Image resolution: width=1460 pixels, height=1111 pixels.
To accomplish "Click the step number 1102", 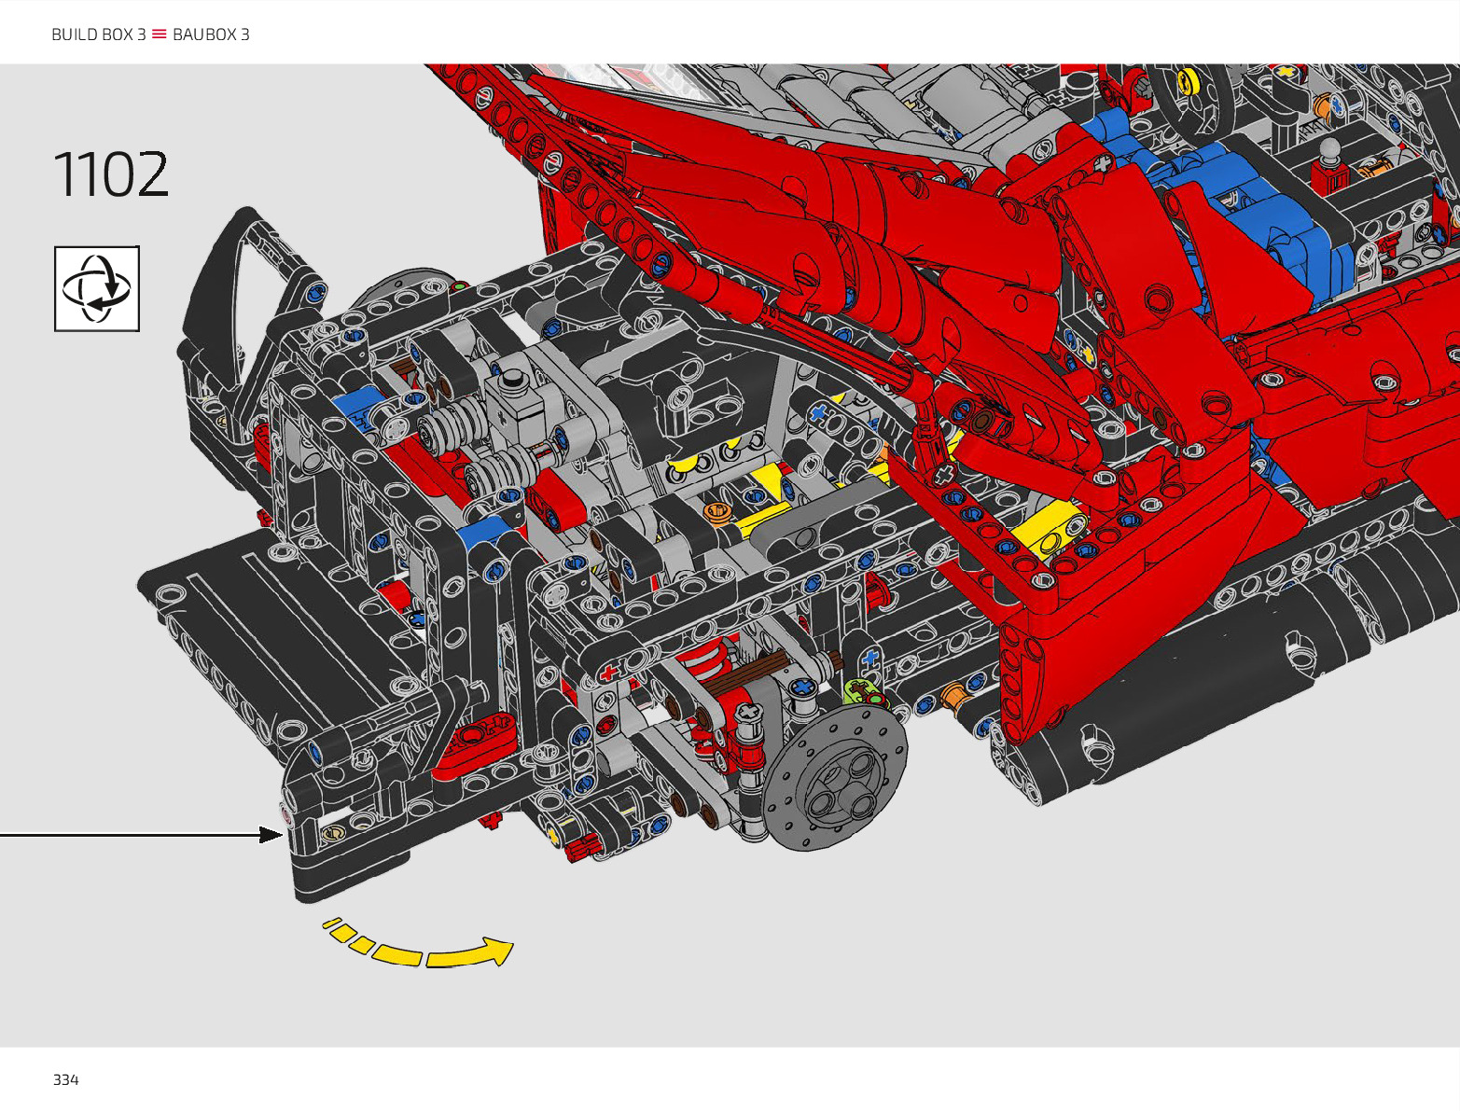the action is point(110,174).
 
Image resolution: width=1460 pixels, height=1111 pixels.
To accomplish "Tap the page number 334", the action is point(66,1080).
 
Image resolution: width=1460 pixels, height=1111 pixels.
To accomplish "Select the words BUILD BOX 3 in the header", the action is point(99,35).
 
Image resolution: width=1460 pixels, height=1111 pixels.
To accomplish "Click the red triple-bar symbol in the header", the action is point(159,34).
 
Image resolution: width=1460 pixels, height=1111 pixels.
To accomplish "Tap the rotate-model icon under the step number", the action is point(97,288).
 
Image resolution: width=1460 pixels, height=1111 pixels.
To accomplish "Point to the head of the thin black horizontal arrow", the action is point(271,835).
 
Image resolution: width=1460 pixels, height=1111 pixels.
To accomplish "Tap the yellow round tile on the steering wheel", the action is point(1188,81).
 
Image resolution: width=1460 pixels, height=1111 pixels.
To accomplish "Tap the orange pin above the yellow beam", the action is point(717,513).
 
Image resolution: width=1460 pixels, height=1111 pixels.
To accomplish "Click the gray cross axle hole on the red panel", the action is point(944,474).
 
